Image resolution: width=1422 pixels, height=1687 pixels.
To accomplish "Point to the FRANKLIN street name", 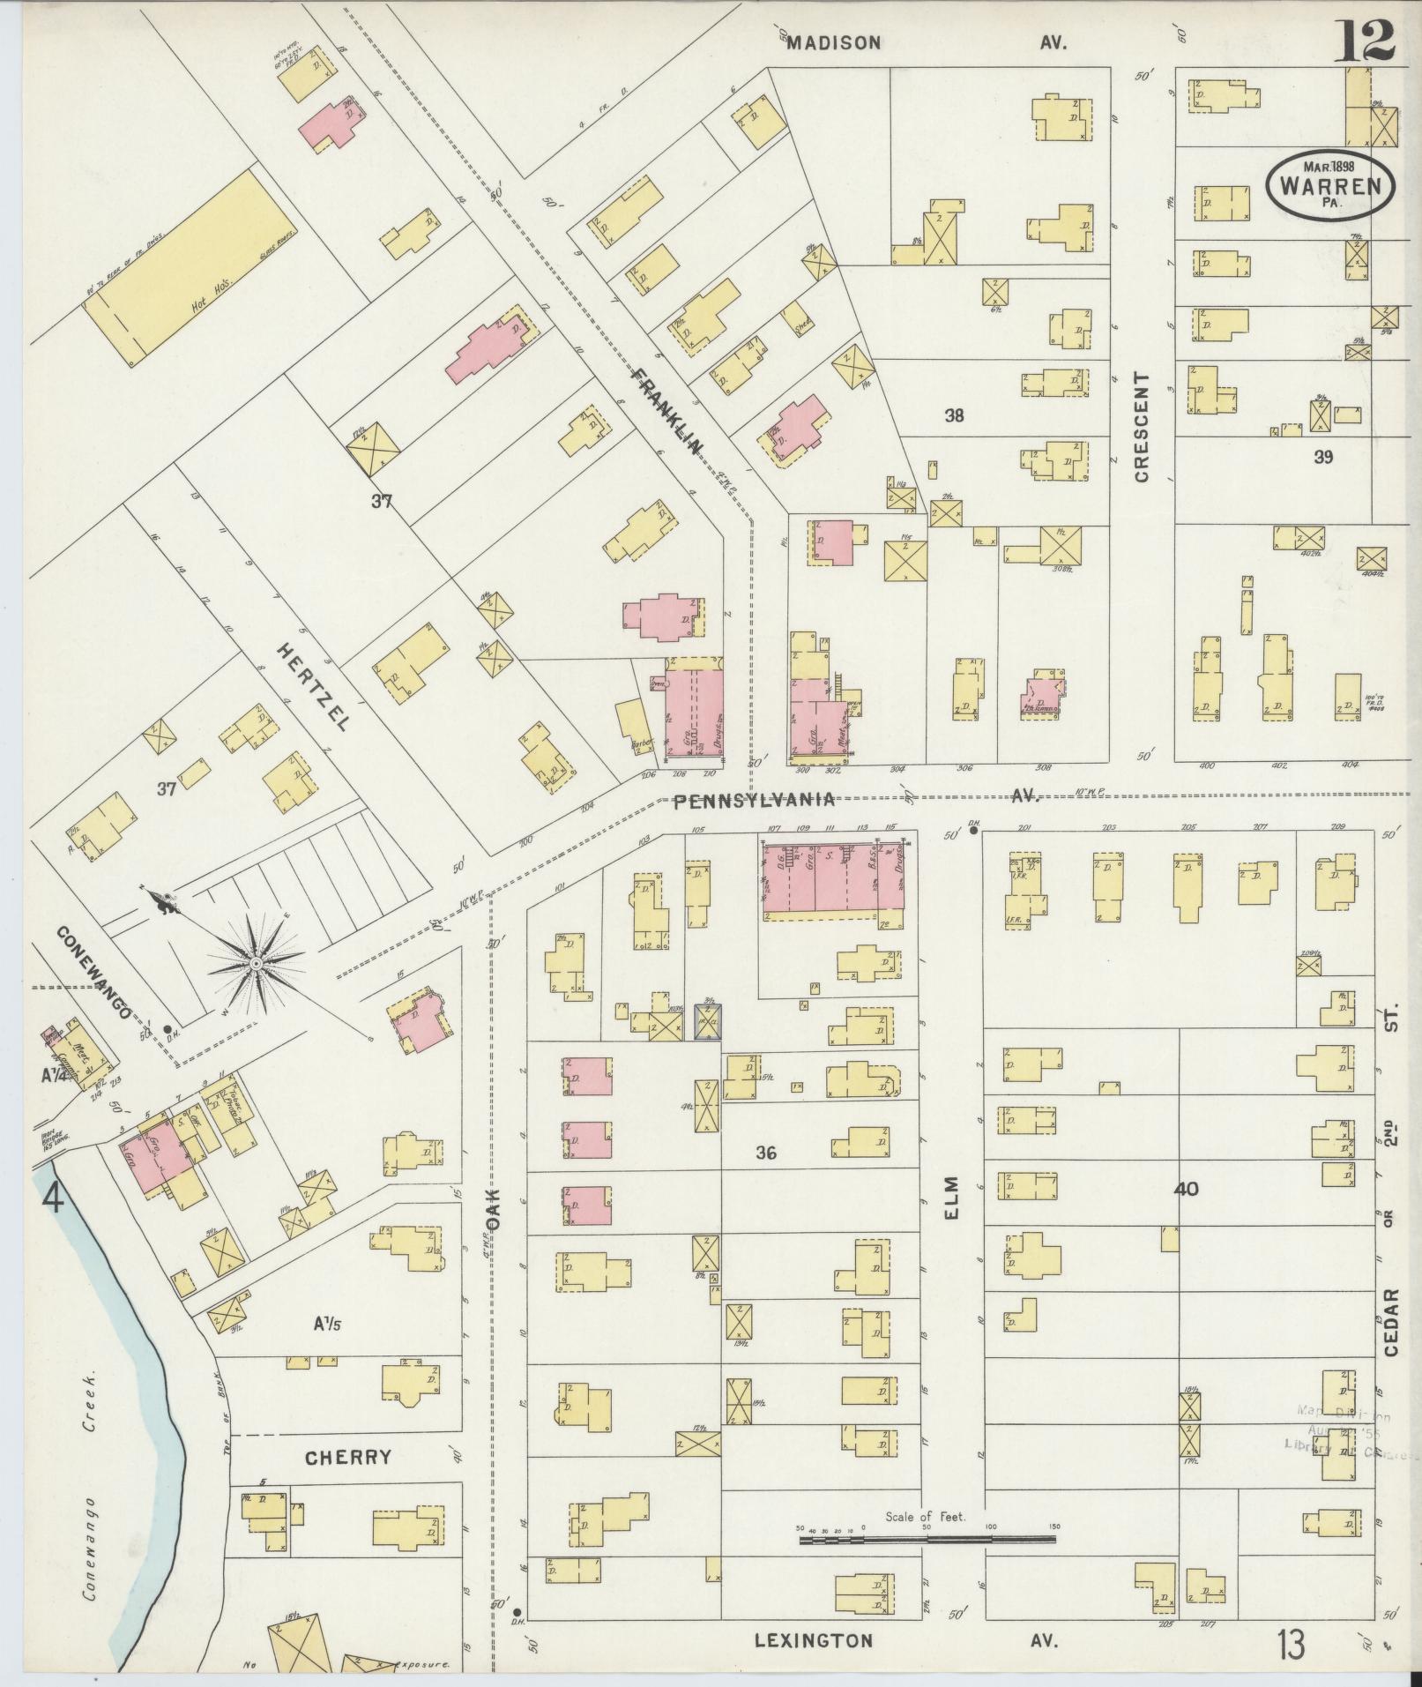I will [x=668, y=411].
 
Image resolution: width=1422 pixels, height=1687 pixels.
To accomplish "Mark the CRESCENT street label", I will [x=1142, y=427].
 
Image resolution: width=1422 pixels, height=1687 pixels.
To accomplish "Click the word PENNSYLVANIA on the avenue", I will [x=754, y=800].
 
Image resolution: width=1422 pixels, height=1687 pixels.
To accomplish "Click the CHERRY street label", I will [x=347, y=1457].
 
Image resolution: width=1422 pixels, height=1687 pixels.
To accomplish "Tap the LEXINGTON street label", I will [x=814, y=1640].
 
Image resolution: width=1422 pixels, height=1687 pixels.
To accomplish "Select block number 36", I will [x=766, y=1152].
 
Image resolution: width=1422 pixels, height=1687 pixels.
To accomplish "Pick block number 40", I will [x=1187, y=1189].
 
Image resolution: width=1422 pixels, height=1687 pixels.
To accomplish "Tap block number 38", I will [x=954, y=415].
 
